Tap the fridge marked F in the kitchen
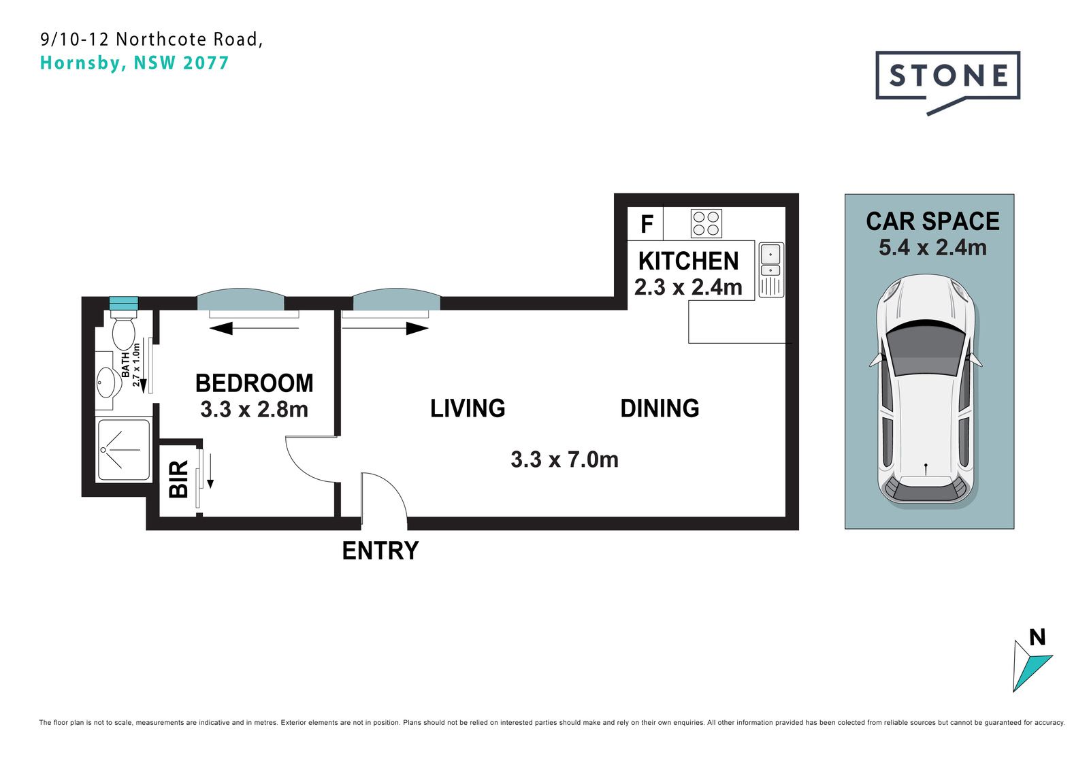point(645,224)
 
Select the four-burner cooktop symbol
point(706,224)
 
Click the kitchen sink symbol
point(771,270)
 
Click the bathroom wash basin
point(108,383)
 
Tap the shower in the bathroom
point(124,451)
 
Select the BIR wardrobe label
point(178,479)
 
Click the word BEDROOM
point(255,383)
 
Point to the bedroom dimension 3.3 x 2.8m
point(255,410)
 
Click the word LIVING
point(468,408)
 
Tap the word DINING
point(660,408)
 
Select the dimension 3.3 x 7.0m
point(564,459)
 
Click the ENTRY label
point(380,551)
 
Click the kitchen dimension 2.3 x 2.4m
point(688,287)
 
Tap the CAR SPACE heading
point(932,221)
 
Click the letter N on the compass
point(1037,637)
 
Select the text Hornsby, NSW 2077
point(134,63)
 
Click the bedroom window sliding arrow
point(255,329)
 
